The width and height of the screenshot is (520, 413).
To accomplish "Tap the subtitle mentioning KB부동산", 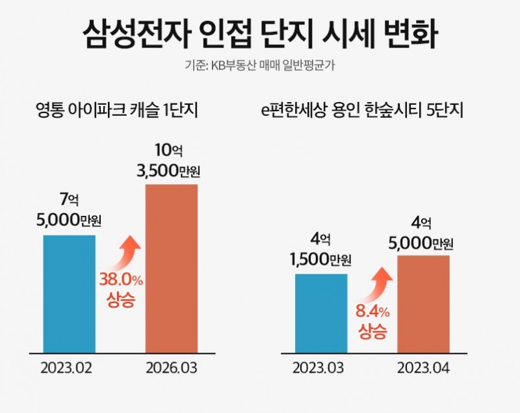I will pos(260,66).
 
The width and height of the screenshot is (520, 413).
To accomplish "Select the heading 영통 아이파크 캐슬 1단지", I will pos(117,110).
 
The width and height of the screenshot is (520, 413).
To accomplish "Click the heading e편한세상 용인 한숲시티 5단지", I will pos(361,110).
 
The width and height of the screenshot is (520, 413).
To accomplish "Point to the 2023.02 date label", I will pos(67,368).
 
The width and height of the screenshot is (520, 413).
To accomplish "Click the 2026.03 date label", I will pos(171,368).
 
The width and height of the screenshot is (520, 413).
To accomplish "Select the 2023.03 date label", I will pos(318,368).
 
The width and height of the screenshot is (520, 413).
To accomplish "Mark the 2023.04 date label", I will pos(422,368).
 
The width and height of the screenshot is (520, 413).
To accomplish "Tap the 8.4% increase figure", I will pos(372,311).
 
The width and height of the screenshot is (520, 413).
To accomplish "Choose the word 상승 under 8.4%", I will pos(372,332).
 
